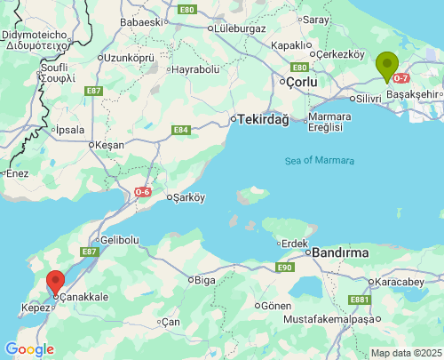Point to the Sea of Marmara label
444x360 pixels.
point(320,161)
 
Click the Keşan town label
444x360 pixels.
point(111,144)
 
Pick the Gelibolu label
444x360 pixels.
point(120,240)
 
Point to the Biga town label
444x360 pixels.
point(205,280)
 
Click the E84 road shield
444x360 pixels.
point(181,130)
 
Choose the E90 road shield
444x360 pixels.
point(284,267)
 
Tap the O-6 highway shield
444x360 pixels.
point(144,192)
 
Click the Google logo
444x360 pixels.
point(28,349)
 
